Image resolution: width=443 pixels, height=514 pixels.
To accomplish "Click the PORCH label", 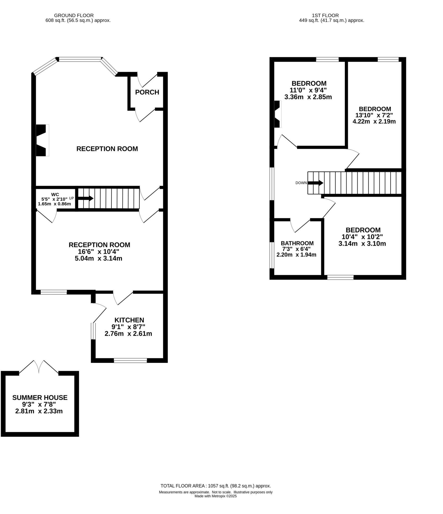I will coord(147,92).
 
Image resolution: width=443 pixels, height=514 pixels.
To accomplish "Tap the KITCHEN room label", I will coord(129,320).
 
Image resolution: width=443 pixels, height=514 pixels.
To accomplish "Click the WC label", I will coord(55,195).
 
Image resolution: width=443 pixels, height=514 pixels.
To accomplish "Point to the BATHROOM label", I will coord(297,243).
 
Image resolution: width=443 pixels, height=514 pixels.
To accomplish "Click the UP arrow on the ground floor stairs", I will coord(85,198).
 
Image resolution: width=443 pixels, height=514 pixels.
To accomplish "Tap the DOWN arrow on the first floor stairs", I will coord(315,183).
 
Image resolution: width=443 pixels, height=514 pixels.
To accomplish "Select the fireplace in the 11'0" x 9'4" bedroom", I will coord(277,114).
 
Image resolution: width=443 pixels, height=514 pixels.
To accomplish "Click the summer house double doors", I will coord(39,367).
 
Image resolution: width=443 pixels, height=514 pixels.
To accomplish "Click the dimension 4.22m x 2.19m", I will coord(374,121).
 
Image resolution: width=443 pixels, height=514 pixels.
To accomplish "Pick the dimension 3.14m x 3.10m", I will coord(362,243).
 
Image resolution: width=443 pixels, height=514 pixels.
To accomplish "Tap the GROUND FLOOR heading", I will coord(74,16).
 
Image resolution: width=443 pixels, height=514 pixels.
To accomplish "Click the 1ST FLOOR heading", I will coord(325,16).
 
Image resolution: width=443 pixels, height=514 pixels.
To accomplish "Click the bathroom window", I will coord(272,255).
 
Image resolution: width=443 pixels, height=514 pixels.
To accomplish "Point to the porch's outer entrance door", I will coord(147,80).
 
